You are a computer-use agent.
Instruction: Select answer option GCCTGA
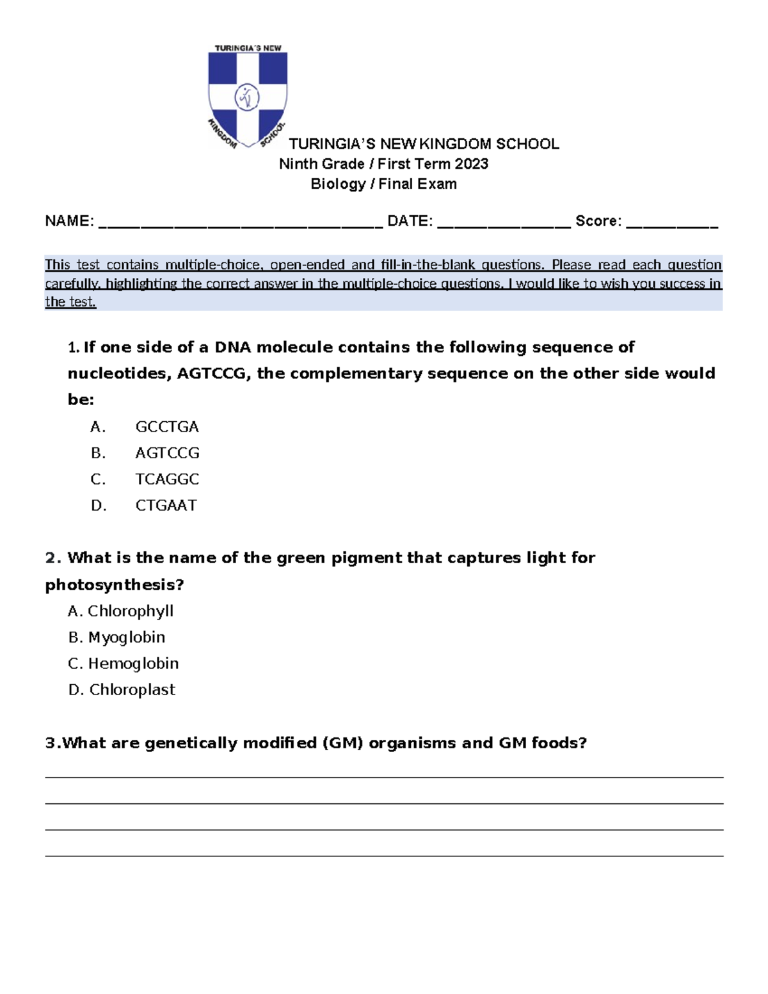coord(167,427)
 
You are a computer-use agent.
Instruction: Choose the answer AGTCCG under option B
coord(167,453)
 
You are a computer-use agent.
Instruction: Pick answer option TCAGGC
coord(167,479)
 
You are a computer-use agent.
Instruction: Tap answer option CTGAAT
coord(166,506)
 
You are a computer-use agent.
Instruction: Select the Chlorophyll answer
coord(131,611)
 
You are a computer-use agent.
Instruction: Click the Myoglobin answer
coord(127,637)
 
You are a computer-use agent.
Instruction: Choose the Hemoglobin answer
coord(133,664)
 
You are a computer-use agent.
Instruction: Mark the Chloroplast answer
coord(132,690)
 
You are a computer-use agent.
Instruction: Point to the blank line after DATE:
coord(504,224)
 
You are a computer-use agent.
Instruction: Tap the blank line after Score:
coord(672,224)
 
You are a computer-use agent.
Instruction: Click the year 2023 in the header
coord(471,164)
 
